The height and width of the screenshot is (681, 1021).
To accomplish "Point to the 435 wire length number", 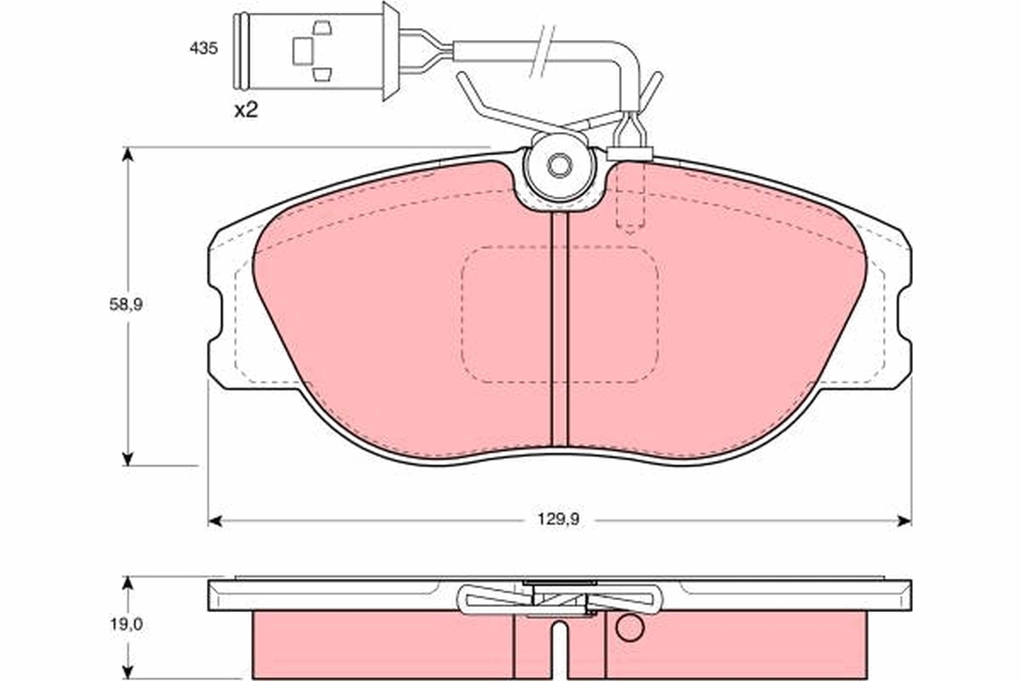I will [203, 49].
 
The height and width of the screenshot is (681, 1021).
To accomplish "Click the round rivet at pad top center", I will [559, 166].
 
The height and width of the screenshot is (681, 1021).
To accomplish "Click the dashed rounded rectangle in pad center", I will [559, 314].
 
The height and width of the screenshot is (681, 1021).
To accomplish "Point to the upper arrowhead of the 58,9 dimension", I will [128, 155].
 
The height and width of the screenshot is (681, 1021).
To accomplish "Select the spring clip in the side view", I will [559, 600].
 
